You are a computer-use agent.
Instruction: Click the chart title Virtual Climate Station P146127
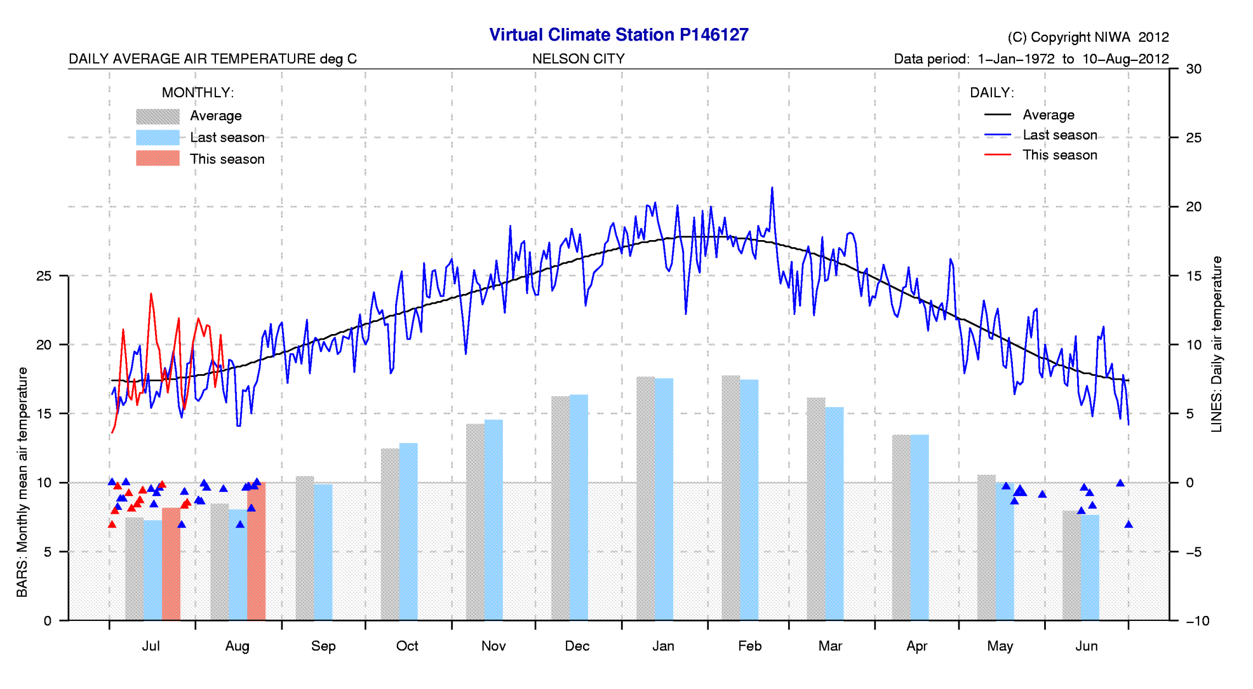coord(618,35)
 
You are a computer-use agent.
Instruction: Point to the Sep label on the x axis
coord(323,646)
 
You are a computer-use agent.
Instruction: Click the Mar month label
coord(830,646)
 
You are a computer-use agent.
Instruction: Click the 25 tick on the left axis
coord(43,276)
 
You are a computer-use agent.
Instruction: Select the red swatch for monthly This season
coord(158,158)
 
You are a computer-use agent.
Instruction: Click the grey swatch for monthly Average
coord(158,116)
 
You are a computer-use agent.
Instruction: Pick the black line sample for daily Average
coord(997,115)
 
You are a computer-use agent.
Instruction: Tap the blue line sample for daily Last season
coord(997,135)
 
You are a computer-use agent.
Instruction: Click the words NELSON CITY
coord(578,59)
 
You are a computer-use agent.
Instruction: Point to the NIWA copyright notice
coord(1088,37)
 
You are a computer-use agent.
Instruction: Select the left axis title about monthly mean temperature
coord(22,482)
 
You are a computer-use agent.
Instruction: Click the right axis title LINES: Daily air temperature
coord(1217,344)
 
